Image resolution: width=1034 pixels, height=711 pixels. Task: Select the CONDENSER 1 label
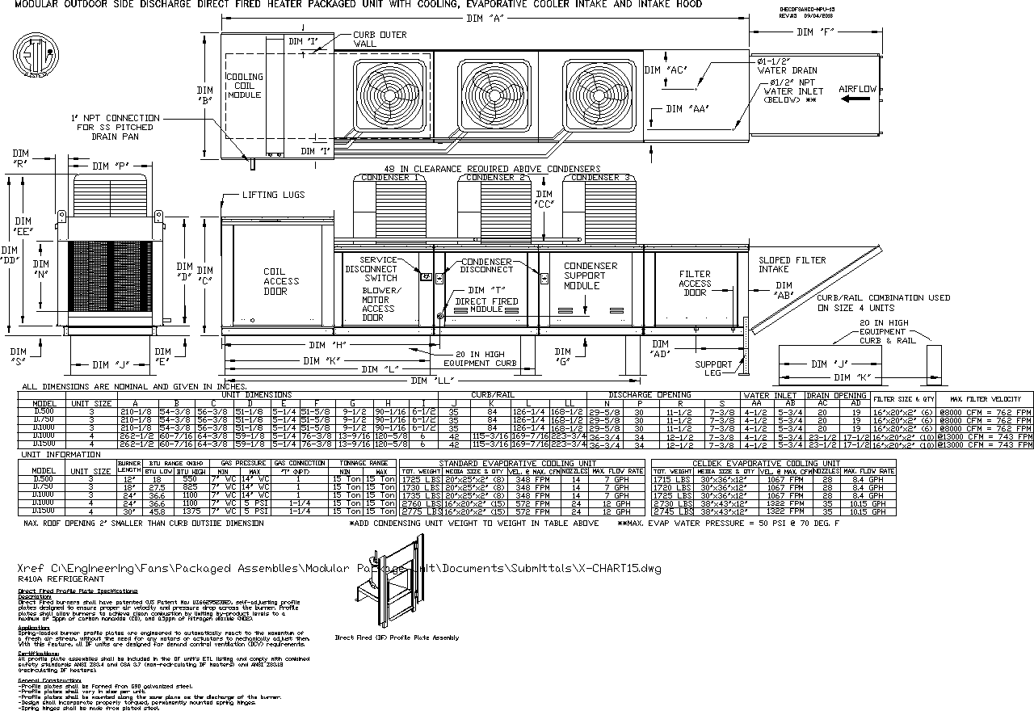[x=390, y=178]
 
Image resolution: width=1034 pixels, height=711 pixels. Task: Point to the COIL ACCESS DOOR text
[x=281, y=281]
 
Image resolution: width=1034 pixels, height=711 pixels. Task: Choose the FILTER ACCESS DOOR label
[x=695, y=283]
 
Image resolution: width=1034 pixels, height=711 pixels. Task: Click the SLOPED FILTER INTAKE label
[x=792, y=264]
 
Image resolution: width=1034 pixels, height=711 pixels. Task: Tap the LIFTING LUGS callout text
[x=271, y=195]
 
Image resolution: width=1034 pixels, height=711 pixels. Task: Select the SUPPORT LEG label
[x=713, y=368]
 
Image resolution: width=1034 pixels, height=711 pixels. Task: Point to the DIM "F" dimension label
[x=815, y=32]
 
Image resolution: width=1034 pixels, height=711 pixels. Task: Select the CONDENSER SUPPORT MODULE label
[x=591, y=276]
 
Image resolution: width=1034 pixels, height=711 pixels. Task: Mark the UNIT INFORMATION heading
[x=61, y=455]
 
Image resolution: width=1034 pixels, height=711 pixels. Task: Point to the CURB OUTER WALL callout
[x=380, y=40]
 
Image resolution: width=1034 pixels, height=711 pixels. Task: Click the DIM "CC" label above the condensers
[x=544, y=199]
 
